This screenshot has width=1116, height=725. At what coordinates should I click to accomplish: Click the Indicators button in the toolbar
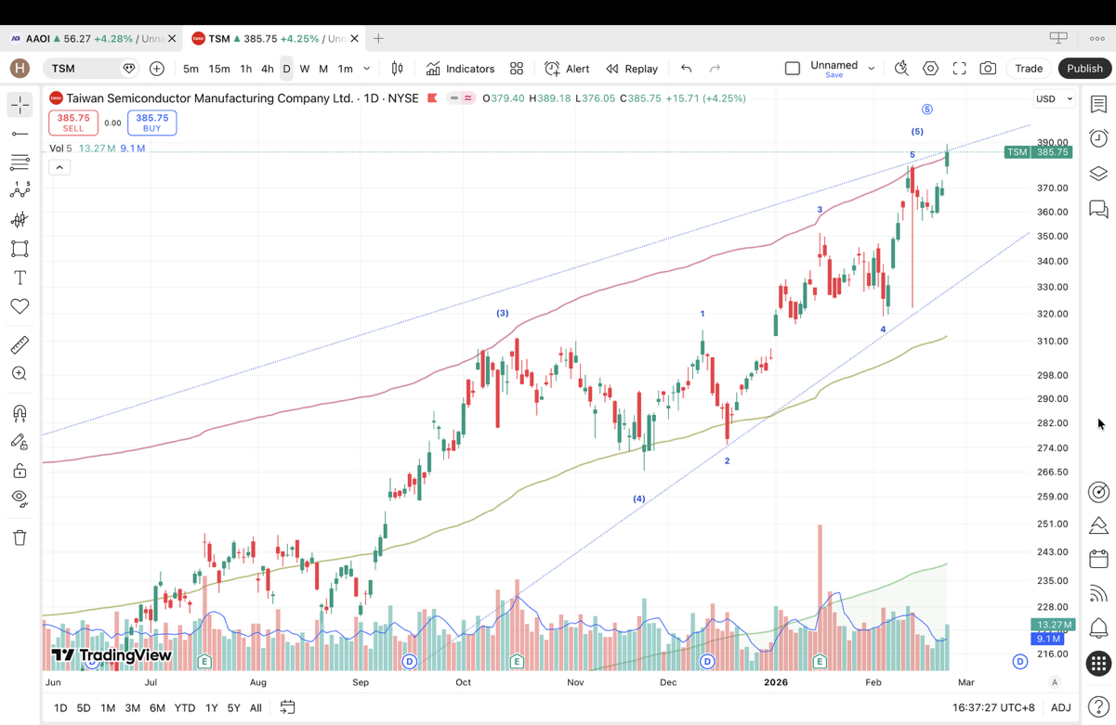click(461, 69)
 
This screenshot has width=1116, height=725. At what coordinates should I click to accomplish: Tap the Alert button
click(567, 69)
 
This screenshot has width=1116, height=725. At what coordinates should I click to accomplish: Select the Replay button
click(632, 69)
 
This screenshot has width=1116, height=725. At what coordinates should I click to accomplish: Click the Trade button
click(1029, 69)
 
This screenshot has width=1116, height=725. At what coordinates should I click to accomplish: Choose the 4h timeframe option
click(267, 69)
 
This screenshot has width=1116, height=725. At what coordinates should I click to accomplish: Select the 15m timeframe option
click(219, 69)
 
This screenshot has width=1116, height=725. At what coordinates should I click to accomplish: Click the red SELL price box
click(73, 123)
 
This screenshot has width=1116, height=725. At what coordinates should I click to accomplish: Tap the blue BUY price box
click(152, 123)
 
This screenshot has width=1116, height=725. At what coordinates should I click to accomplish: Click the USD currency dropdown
click(1054, 98)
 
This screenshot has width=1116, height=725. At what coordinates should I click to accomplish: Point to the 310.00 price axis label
click(1052, 342)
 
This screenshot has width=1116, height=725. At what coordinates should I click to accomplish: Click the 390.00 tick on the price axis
click(1052, 143)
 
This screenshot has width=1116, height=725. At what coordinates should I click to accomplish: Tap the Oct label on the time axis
click(463, 682)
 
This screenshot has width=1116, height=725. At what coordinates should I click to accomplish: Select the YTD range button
click(185, 708)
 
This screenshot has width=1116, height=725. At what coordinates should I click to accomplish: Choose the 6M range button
click(157, 708)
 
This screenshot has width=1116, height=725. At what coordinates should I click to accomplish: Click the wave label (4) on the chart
click(639, 499)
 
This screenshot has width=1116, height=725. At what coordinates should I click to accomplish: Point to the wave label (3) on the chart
click(502, 313)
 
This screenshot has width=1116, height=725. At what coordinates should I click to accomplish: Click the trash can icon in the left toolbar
click(20, 537)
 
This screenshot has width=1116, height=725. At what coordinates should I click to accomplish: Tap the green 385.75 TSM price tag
click(1038, 152)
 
